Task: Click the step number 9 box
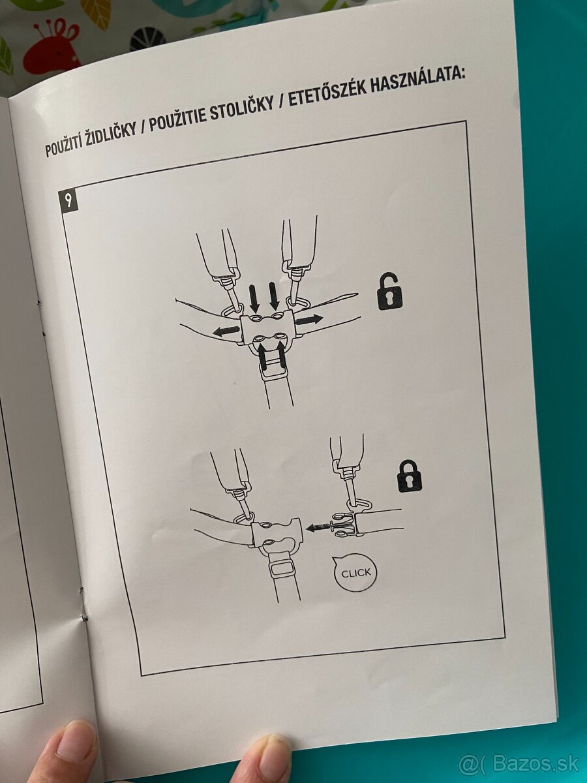click(x=68, y=201)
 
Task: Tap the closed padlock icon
click(x=410, y=476)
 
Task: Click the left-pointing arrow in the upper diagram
click(x=226, y=330)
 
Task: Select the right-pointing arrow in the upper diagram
click(x=309, y=319)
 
